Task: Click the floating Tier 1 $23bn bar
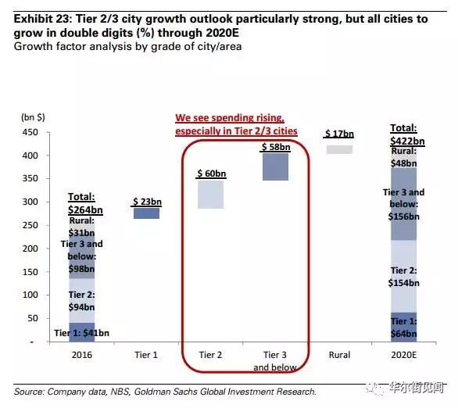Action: click(146, 213)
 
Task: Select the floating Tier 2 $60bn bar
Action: click(210, 194)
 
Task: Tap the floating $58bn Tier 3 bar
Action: click(275, 166)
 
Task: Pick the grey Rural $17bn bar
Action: click(339, 149)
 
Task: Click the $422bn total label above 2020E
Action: click(407, 134)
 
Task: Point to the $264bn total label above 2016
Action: click(85, 203)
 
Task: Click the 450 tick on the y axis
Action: click(30, 132)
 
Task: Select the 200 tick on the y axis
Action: click(30, 249)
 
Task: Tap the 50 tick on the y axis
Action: click(33, 318)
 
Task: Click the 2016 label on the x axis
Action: click(82, 355)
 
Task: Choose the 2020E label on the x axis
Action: click(403, 355)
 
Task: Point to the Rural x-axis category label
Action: click(339, 355)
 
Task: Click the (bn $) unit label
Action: click(33, 117)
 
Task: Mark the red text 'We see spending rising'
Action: click(230, 118)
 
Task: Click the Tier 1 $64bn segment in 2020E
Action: click(403, 327)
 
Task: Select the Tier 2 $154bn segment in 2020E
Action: click(403, 276)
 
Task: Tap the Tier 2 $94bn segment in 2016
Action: click(82, 301)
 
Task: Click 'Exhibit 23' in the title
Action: click(42, 19)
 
